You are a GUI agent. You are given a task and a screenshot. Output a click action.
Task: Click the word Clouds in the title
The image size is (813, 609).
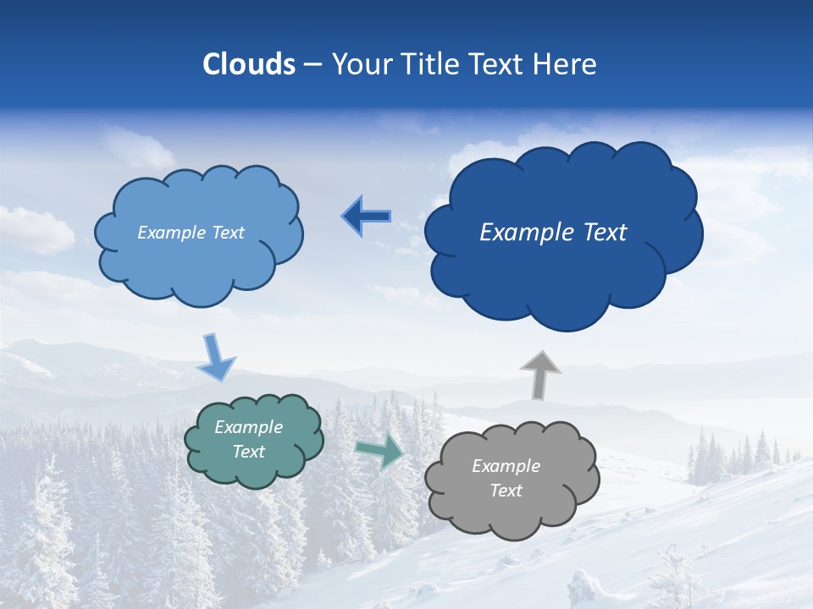(x=249, y=64)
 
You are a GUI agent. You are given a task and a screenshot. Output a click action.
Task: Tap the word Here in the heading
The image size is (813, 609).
(x=566, y=64)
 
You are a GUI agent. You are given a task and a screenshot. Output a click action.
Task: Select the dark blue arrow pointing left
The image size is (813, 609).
(x=366, y=217)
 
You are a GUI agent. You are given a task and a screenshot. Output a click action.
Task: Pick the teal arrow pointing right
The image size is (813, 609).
(x=379, y=451)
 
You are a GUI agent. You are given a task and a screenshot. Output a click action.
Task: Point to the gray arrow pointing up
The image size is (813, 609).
(x=540, y=375)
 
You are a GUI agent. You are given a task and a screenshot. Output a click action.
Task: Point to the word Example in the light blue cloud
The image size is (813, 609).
(x=172, y=233)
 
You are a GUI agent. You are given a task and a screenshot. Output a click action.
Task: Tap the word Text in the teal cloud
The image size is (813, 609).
(x=249, y=452)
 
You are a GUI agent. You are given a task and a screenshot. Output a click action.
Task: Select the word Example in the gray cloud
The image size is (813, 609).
(x=506, y=466)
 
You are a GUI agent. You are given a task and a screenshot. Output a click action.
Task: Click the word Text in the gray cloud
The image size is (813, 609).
(x=506, y=491)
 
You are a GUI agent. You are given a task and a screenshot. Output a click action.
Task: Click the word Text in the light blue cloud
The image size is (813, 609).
(x=227, y=233)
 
